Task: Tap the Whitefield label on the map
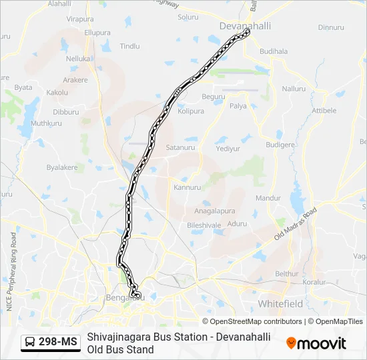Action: tap(280, 303)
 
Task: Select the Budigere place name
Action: tap(280, 145)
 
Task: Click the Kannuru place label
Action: tap(187, 187)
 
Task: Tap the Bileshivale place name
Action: tap(204, 225)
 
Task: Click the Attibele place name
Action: tap(324, 111)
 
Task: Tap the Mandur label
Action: tap(268, 198)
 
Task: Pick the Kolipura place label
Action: tap(191, 111)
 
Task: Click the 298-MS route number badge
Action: tap(58, 343)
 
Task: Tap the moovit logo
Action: tap(316, 343)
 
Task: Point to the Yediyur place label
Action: tap(228, 149)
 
